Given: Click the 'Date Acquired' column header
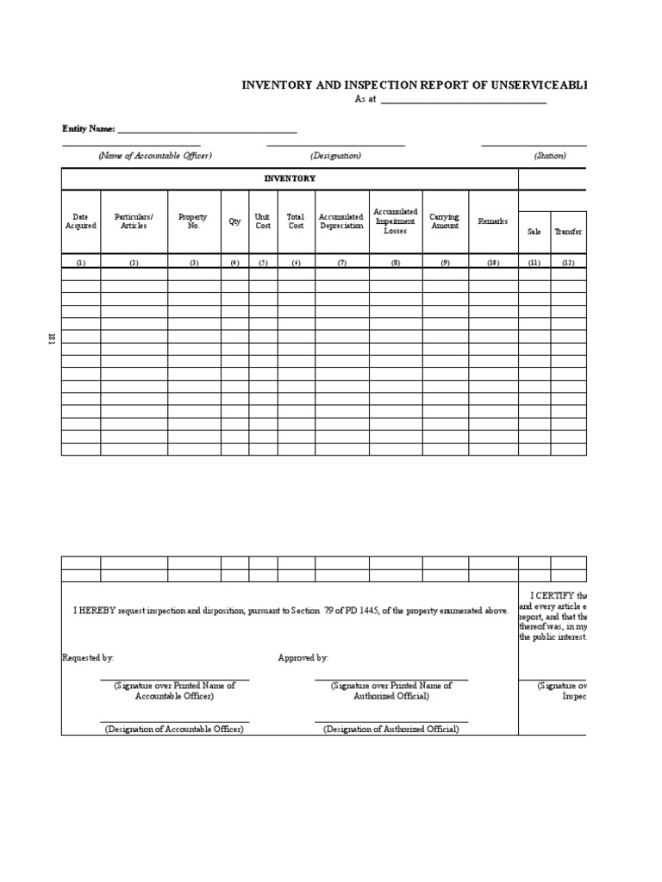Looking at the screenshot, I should tap(81, 221).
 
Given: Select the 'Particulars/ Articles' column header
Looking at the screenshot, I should tap(134, 221).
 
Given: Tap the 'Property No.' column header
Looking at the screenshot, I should tap(193, 221).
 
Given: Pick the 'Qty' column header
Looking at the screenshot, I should tap(234, 221).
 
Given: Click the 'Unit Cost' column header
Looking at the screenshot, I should tap(263, 221).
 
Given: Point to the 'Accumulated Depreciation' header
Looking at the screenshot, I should tap(341, 221).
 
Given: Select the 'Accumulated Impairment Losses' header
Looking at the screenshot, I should tap(395, 221).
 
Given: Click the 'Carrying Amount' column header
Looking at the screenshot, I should tap(445, 221).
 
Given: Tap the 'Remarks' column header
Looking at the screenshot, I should tap(493, 221).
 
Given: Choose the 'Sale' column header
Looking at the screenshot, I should tap(534, 232).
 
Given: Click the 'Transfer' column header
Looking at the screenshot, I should tap(568, 232).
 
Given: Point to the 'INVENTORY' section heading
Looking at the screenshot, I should tap(290, 178).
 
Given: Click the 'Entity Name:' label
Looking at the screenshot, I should tap(88, 128).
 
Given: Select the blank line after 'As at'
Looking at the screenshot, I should tap(463, 100).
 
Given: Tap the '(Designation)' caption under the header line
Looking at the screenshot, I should tap(335, 156).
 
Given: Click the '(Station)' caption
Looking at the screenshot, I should tap(550, 156).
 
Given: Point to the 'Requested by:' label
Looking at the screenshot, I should tap(88, 657).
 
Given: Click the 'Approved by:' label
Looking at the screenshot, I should tap(303, 657).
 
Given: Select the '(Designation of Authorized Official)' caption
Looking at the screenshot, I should tap(391, 729).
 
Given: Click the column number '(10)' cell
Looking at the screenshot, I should tap(493, 263).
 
